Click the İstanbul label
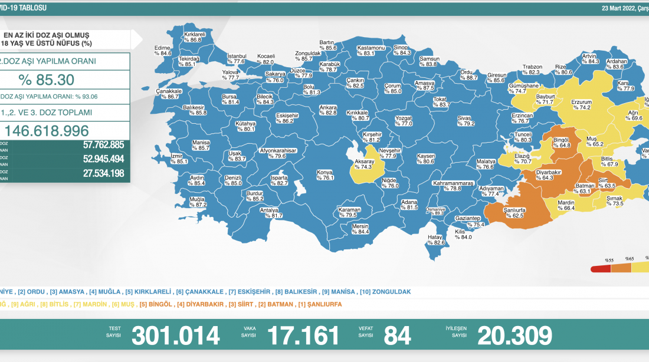click(x=236, y=58)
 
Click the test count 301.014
click(x=175, y=335)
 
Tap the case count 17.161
click(x=303, y=335)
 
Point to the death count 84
click(x=397, y=335)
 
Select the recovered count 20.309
click(x=514, y=335)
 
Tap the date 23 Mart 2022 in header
click(x=622, y=8)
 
